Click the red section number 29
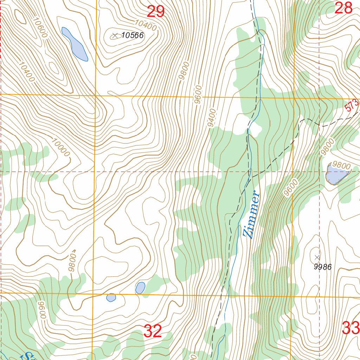155,12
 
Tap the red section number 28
343,8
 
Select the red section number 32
153,331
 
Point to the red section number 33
351,329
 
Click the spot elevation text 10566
133,35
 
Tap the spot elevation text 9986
322,267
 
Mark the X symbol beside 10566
115,36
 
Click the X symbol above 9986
317,257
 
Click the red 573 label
352,105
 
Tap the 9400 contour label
212,118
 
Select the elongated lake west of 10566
75,44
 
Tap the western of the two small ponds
111,297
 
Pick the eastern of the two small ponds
140,288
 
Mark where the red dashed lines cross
319,172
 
